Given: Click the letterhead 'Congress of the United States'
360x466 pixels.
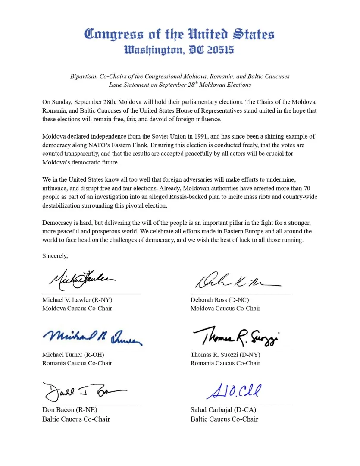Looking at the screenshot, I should (x=179, y=34).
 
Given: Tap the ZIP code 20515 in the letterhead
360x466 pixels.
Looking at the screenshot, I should (x=220, y=50).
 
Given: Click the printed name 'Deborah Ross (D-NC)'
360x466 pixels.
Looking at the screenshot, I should (x=219, y=300).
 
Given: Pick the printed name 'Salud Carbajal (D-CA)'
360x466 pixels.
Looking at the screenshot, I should (x=223, y=410).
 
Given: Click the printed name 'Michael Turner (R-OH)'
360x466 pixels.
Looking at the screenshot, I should (x=73, y=355).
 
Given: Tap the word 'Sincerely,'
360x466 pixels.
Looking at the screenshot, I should (x=55, y=256).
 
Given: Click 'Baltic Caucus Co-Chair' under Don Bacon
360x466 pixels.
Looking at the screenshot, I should (x=76, y=419).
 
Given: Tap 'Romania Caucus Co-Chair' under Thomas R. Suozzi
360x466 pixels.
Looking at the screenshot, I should (x=225, y=363).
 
